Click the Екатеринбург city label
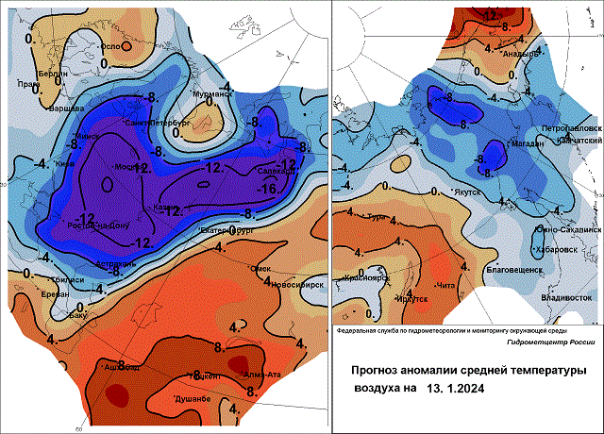tap(228, 228)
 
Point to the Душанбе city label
tap(193, 400)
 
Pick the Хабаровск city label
tap(556, 250)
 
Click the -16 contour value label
tap(267, 188)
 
